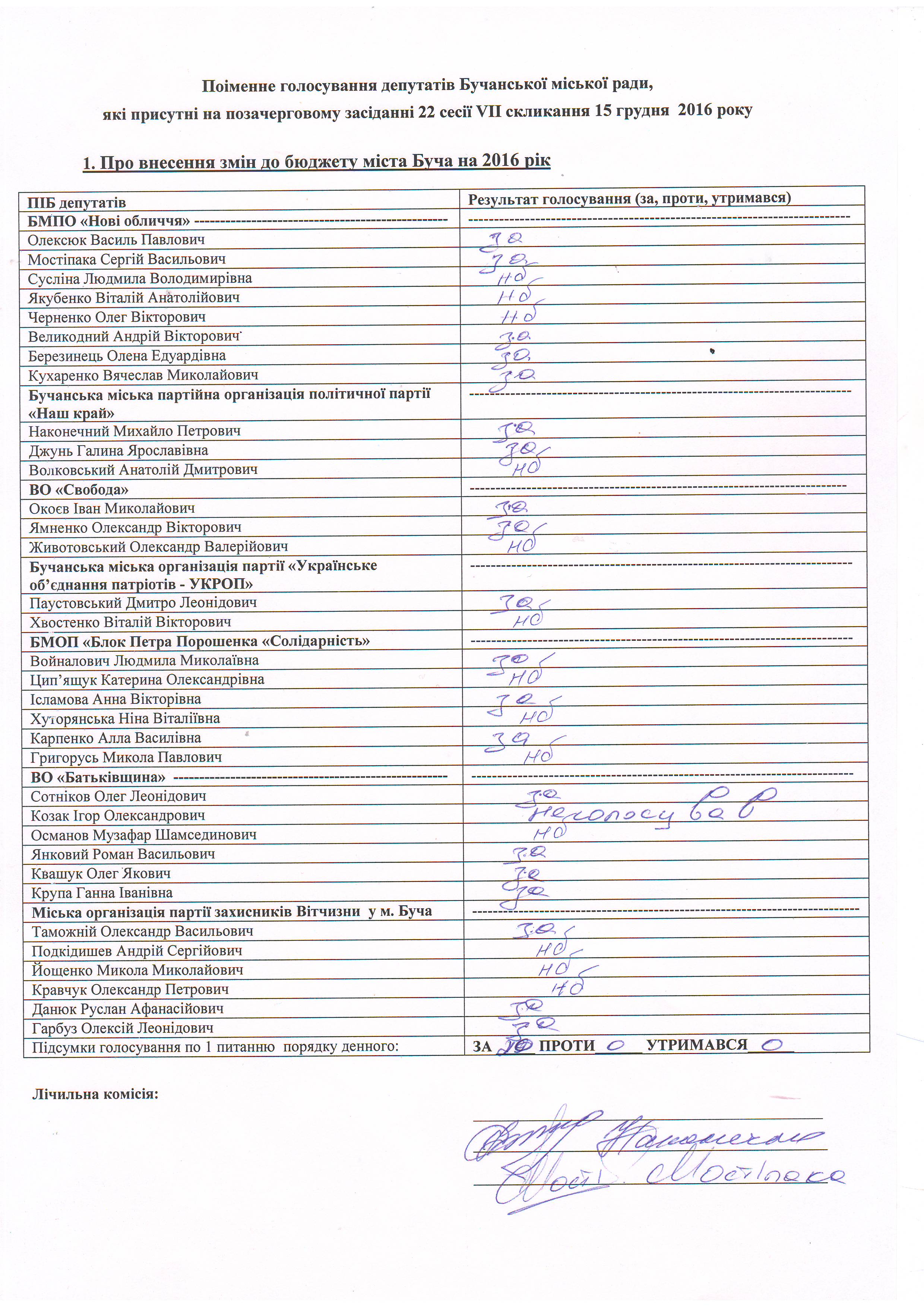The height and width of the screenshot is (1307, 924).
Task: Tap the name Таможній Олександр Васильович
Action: (x=142, y=932)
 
